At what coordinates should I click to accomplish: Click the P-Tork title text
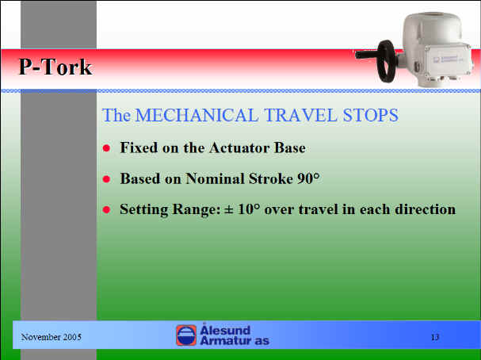tap(55, 67)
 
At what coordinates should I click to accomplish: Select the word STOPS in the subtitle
tap(371, 116)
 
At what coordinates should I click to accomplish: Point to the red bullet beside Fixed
tap(106, 148)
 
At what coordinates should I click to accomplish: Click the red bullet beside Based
tap(106, 179)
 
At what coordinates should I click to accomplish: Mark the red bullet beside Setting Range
tap(106, 209)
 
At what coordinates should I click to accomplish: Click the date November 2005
tap(52, 337)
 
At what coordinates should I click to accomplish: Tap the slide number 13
tap(435, 337)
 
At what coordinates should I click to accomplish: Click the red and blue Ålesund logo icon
tap(186, 335)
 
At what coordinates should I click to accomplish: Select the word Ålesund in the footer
tap(225, 330)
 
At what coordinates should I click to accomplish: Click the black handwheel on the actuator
tap(386, 61)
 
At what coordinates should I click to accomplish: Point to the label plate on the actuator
tap(449, 59)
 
